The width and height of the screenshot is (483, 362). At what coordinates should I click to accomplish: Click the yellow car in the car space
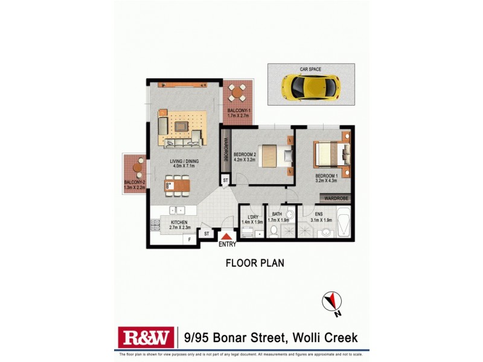[311, 87]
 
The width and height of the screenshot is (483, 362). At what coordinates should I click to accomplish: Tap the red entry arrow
[227, 237]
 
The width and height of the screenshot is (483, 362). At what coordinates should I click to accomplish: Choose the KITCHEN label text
[179, 223]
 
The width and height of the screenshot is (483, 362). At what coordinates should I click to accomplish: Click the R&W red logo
[146, 336]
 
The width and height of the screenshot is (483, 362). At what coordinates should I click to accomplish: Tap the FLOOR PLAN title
[254, 262]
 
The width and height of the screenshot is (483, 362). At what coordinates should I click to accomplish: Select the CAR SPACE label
[310, 69]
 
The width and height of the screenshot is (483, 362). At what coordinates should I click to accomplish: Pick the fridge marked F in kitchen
[190, 240]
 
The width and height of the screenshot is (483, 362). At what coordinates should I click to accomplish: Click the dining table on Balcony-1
[237, 93]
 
